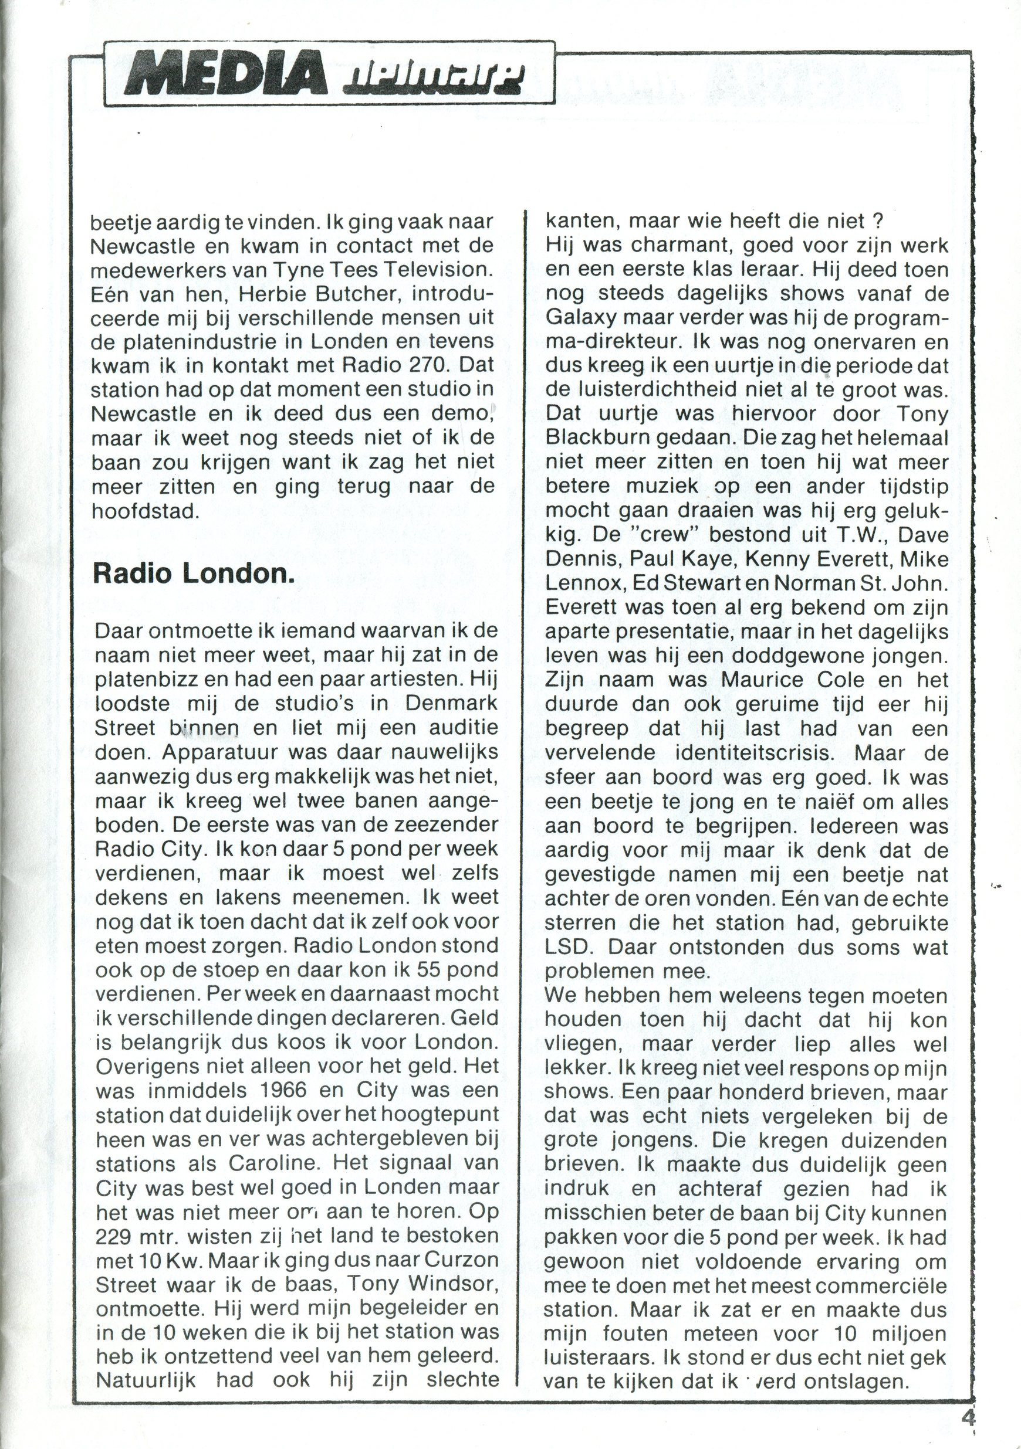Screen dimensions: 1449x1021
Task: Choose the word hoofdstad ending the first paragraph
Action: coord(145,511)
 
